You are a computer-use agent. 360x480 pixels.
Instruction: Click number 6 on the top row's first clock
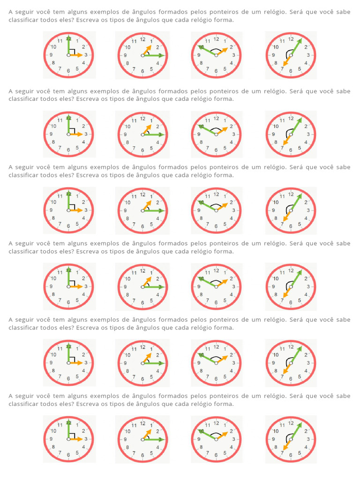point(69,71)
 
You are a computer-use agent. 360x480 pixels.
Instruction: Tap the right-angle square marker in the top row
point(72,52)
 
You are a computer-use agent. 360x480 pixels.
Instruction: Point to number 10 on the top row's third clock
point(201,47)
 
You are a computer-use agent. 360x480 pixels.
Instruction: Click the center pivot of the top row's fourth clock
point(291,55)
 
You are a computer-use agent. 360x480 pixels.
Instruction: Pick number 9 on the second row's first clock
point(51,134)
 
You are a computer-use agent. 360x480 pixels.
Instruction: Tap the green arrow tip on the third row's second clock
point(161,210)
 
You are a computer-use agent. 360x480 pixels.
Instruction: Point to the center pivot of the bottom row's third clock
point(216,439)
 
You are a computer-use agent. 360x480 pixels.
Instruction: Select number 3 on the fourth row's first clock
point(86,286)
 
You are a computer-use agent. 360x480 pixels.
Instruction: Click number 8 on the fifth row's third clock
point(201,370)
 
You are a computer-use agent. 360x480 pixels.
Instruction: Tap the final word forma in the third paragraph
point(225,175)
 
